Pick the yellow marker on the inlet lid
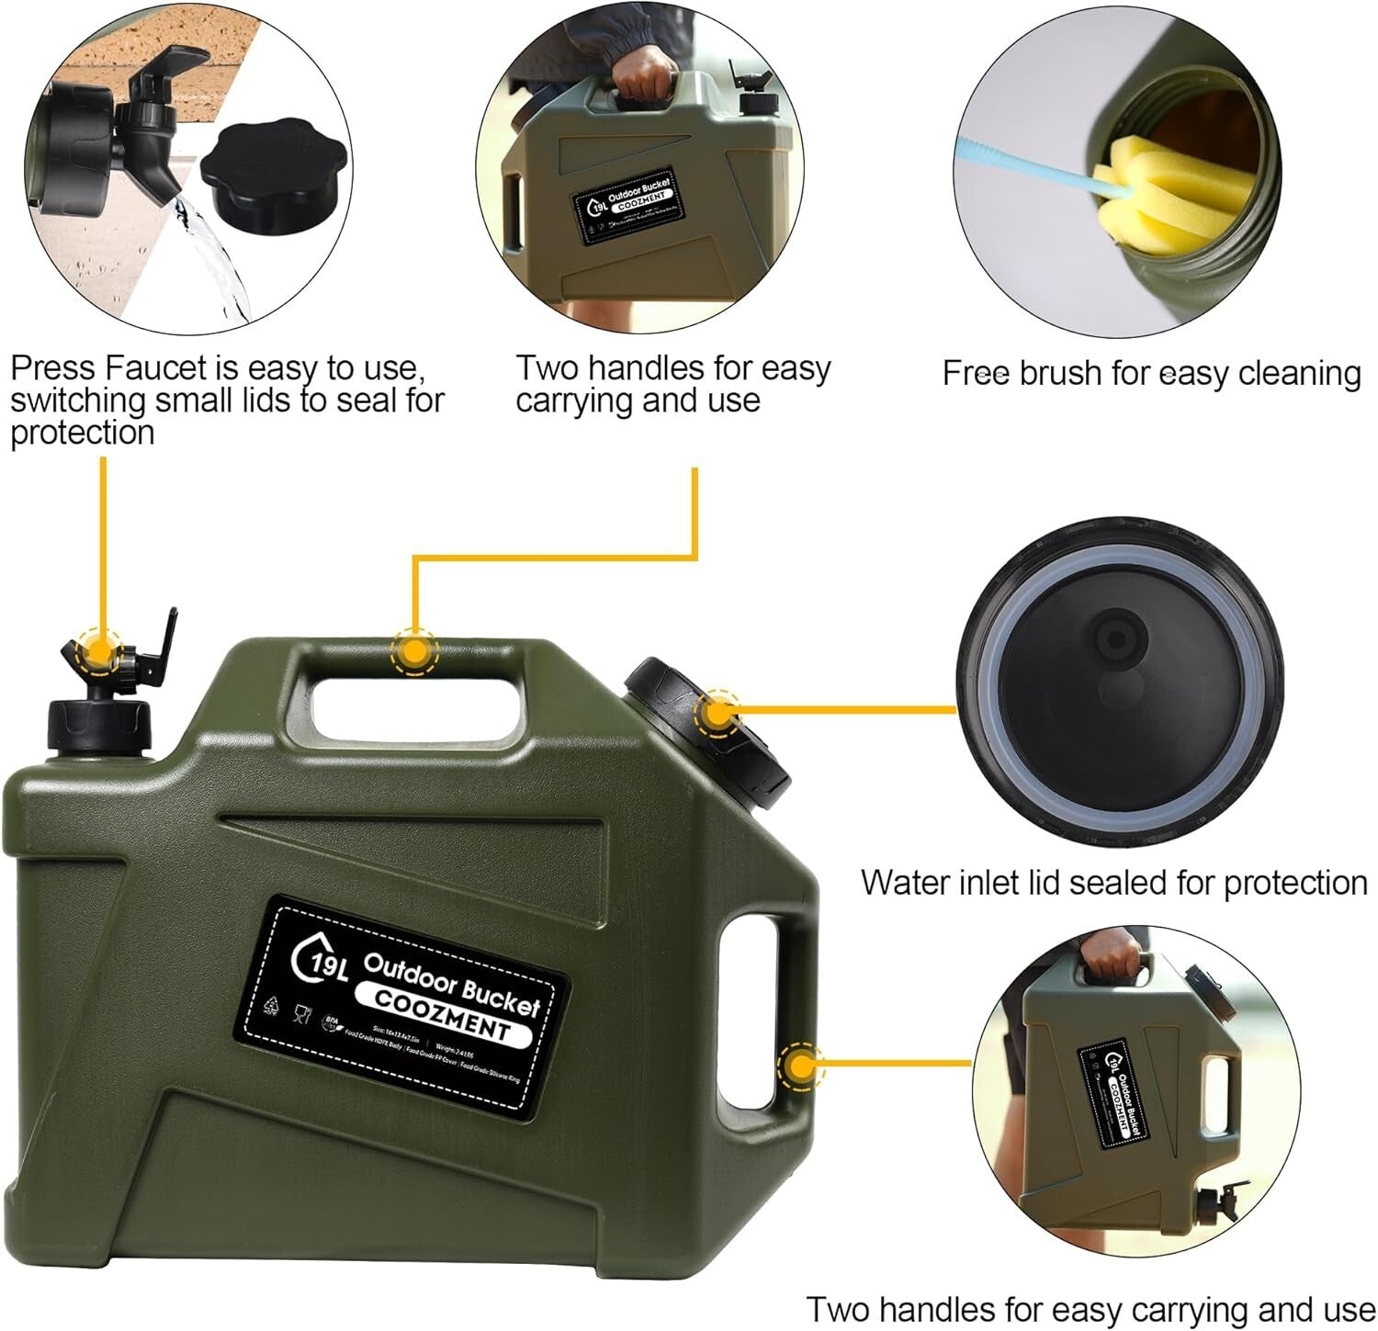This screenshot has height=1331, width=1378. (x=717, y=714)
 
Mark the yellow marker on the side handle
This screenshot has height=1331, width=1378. (x=800, y=1066)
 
